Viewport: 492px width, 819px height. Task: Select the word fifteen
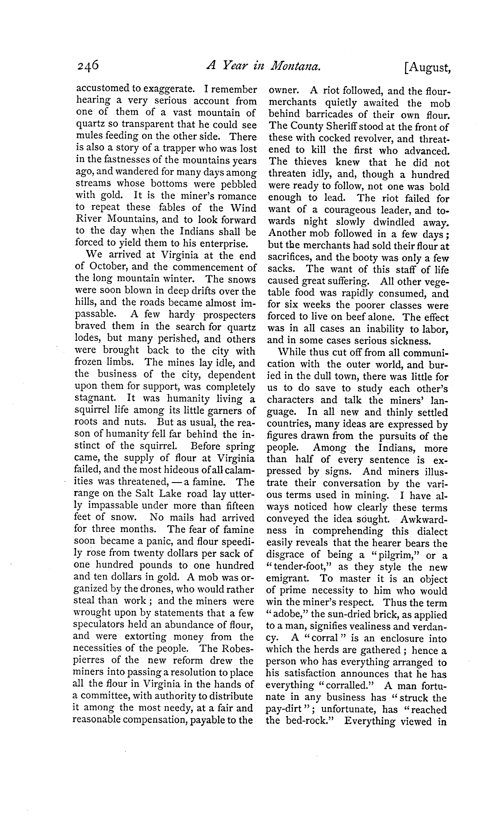pos(238,506)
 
